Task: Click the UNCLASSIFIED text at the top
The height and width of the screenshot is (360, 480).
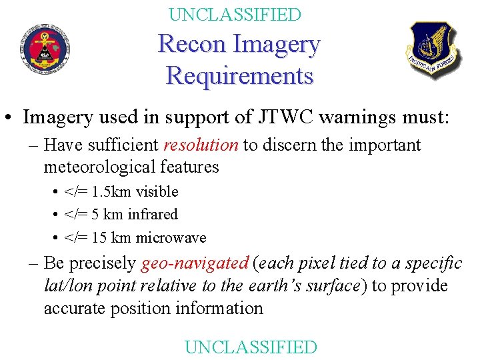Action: click(235, 14)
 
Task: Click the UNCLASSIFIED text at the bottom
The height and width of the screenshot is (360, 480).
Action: click(251, 347)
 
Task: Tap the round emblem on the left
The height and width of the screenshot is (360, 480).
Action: click(45, 48)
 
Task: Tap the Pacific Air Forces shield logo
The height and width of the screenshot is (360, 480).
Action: click(433, 51)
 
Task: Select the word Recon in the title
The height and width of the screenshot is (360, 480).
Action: click(192, 45)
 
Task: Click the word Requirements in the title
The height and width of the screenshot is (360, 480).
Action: click(239, 75)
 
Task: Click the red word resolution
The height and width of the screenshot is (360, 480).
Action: click(200, 145)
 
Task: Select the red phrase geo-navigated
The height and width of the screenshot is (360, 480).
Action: click(195, 263)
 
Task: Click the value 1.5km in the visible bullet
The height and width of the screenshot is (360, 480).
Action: click(111, 192)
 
